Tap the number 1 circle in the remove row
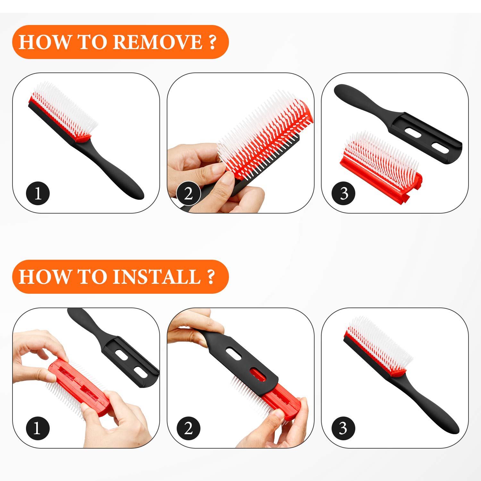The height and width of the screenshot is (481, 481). point(38,194)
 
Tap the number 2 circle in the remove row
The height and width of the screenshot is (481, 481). point(189,194)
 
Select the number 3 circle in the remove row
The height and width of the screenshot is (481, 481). point(343,194)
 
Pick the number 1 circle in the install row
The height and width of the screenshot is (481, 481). point(38,428)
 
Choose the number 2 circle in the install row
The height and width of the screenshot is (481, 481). point(189,428)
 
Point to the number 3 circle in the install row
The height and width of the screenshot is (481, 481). point(343,428)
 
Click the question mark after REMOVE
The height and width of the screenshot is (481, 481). point(212,42)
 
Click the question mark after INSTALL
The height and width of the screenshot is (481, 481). point(211,277)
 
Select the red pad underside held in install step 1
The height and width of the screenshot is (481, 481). point(77,385)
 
